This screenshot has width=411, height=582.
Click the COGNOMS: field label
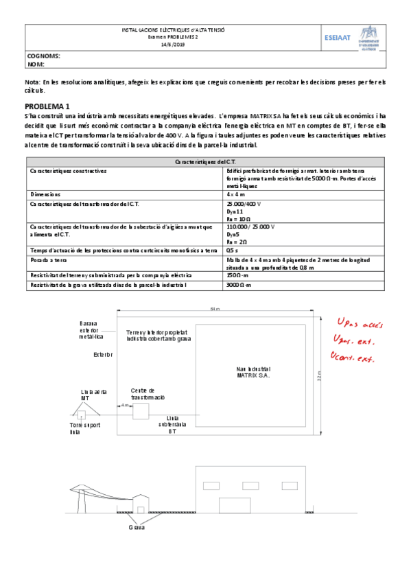pyautogui.click(x=43, y=56)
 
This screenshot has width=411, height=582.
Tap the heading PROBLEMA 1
pyautogui.click(x=47, y=106)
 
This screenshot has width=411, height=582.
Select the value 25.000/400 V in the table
pyautogui.click(x=243, y=204)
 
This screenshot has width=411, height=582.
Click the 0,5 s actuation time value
pyautogui.click(x=232, y=251)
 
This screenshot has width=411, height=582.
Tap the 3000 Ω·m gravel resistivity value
pyautogui.click(x=239, y=283)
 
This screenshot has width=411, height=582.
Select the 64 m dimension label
pyautogui.click(x=215, y=310)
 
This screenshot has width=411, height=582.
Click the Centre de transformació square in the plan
pyautogui.click(x=141, y=412)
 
